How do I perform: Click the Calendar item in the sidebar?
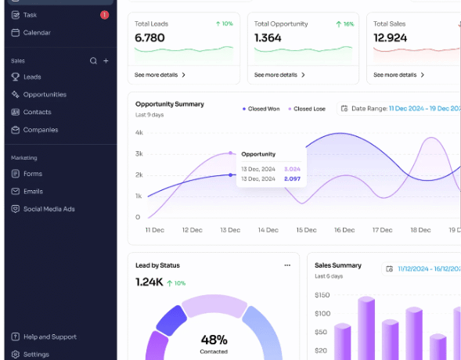tap(36, 33)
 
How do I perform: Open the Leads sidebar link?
tap(31, 77)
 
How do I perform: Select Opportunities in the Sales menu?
tap(44, 95)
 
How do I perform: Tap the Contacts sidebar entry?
tap(37, 112)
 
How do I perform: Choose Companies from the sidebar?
tap(40, 130)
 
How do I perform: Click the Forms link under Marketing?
tap(32, 174)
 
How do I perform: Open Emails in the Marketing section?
tap(33, 191)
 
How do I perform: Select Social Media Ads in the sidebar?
tap(49, 209)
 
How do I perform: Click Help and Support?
tap(49, 337)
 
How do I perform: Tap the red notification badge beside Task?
tap(104, 15)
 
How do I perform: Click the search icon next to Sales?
tap(93, 60)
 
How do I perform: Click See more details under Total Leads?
tap(160, 75)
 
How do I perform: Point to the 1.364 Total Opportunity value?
tap(268, 38)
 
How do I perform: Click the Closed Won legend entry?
tap(261, 109)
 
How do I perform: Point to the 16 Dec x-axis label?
tap(344, 230)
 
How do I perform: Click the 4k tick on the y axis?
tap(139, 132)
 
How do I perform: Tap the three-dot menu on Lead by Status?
tap(287, 265)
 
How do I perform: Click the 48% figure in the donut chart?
tap(214, 340)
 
